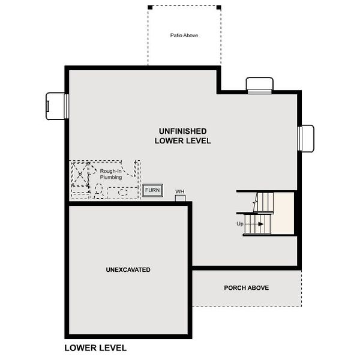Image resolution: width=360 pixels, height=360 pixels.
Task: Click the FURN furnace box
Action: pyautogui.click(x=152, y=190)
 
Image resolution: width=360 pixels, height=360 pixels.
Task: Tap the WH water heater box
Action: pyautogui.click(x=180, y=198)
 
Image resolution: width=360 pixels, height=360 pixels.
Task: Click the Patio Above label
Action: pyautogui.click(x=184, y=35)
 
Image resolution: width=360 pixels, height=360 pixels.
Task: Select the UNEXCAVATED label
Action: pyautogui.click(x=128, y=269)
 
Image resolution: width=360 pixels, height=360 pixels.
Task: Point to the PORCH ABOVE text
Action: pyautogui.click(x=247, y=287)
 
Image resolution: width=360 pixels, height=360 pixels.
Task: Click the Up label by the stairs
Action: pyautogui.click(x=240, y=224)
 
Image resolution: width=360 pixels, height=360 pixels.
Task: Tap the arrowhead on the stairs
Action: pyautogui.click(x=261, y=224)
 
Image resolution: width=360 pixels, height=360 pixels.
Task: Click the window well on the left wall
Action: pyautogui.click(x=55, y=106)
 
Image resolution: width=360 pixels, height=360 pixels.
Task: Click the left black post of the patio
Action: pyautogui.click(x=150, y=7)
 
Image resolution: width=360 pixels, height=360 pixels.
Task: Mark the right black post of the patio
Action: pyautogui.click(x=219, y=7)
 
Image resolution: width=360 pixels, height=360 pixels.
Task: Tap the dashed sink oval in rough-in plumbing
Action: pyautogui.click(x=123, y=192)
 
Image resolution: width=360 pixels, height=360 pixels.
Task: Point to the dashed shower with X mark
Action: pyautogui.click(x=80, y=174)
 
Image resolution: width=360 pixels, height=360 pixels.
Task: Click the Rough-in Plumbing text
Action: pyautogui.click(x=111, y=174)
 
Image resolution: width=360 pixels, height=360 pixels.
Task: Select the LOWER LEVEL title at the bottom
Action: pyautogui.click(x=95, y=348)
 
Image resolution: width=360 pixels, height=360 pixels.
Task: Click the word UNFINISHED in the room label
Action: pyautogui.click(x=183, y=131)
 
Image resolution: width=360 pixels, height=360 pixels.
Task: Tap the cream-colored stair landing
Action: pyautogui.click(x=284, y=213)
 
